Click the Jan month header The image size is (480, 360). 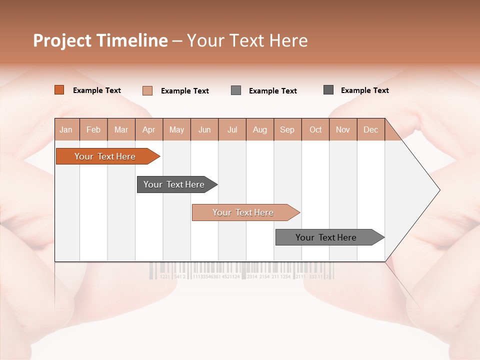[x=66, y=129]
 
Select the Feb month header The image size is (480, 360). [x=93, y=129]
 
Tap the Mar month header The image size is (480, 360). [x=121, y=129]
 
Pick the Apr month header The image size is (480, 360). [x=149, y=129]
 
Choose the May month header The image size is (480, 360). [x=176, y=129]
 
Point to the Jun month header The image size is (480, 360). [x=204, y=129]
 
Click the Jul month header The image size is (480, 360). [x=232, y=129]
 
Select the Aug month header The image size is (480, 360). [x=260, y=129]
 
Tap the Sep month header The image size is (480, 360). [x=287, y=129]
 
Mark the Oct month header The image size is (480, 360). [x=315, y=129]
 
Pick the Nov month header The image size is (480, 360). [x=343, y=129]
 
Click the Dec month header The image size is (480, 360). [x=371, y=129]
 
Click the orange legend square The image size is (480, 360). [x=59, y=90]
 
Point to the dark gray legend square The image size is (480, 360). [x=328, y=90]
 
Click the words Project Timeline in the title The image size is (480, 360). [x=100, y=40]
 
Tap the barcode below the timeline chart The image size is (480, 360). [x=241, y=270]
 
